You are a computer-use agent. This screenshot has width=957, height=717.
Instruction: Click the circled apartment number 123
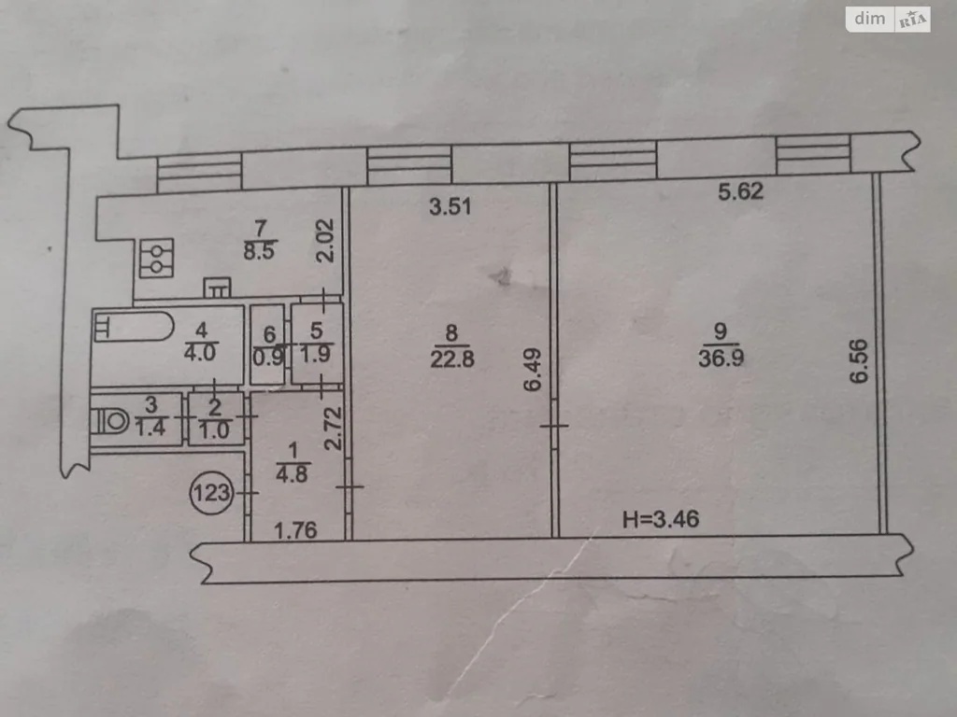[211, 493]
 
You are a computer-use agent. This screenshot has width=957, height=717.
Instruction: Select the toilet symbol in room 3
[110, 421]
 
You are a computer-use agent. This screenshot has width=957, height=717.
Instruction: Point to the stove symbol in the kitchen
[156, 259]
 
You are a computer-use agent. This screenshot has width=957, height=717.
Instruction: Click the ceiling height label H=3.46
[661, 519]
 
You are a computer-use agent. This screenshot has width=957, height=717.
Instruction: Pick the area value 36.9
[721, 358]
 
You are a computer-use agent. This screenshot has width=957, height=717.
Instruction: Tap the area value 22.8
[451, 358]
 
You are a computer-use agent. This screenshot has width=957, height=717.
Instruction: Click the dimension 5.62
[740, 191]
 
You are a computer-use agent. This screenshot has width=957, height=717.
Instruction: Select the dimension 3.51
[450, 206]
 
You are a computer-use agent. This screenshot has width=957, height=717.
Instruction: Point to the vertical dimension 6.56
[858, 361]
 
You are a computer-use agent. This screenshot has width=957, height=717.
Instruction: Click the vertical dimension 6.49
[532, 370]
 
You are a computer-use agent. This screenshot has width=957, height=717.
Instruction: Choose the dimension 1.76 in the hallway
[295, 531]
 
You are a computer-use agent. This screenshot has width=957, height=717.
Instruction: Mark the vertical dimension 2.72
[333, 429]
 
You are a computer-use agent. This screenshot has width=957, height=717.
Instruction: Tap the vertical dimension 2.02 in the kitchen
[325, 241]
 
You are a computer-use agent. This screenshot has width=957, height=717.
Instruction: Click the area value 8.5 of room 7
[260, 250]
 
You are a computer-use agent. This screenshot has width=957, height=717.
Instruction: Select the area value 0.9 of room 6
[268, 357]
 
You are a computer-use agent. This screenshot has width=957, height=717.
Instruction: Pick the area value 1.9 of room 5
[316, 354]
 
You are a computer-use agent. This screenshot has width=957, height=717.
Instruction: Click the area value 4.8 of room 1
[292, 473]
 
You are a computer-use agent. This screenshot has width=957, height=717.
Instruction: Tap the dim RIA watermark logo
[888, 20]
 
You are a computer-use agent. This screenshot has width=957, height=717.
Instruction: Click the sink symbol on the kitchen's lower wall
[217, 288]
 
